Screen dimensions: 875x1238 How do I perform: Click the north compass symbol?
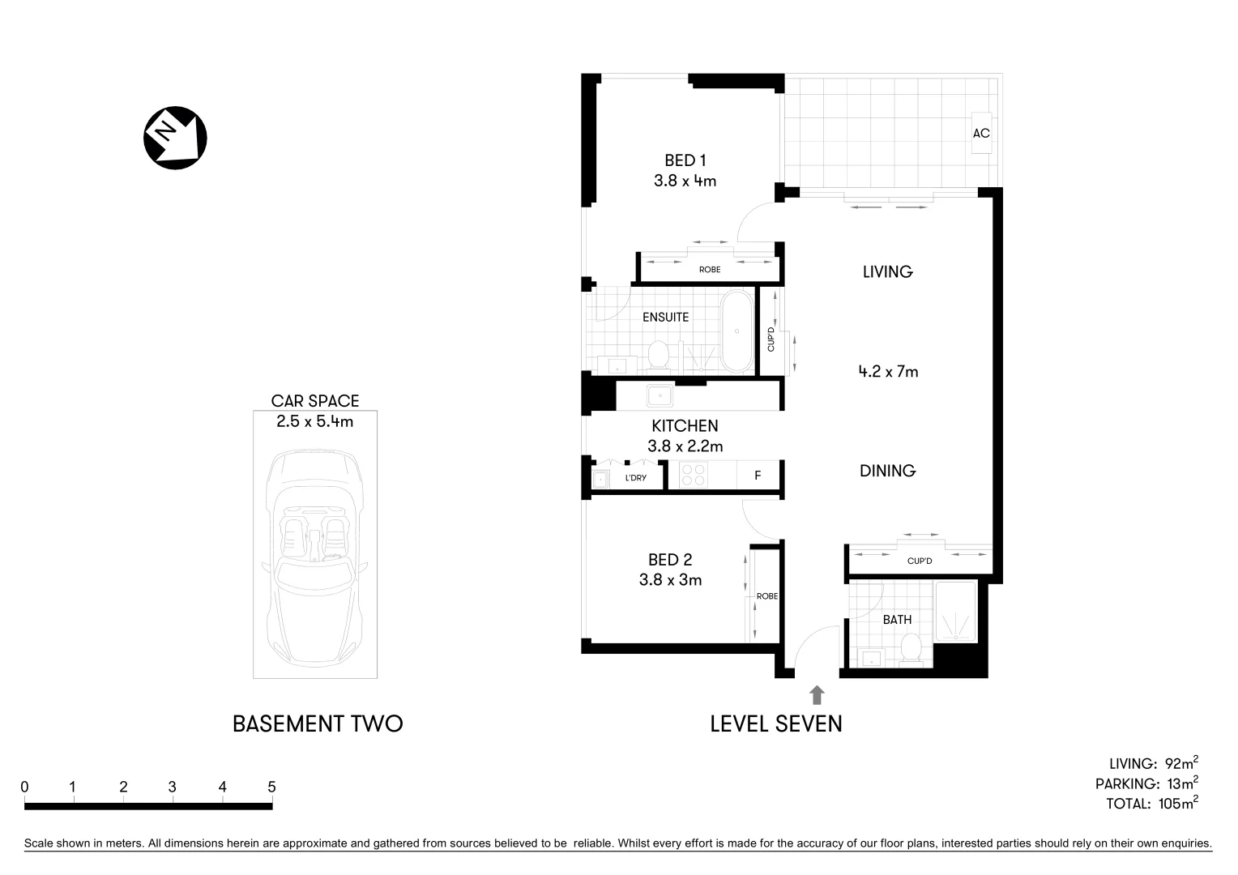(x=175, y=138)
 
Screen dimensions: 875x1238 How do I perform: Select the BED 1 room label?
(x=685, y=160)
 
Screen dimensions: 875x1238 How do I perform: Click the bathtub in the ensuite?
(x=736, y=331)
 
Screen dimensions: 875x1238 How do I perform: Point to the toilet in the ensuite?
(x=659, y=355)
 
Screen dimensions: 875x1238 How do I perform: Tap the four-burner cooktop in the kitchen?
(x=692, y=475)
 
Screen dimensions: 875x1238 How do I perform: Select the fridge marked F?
(x=758, y=476)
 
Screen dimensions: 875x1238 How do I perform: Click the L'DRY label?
(x=635, y=478)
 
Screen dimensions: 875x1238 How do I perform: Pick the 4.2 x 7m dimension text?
(x=888, y=372)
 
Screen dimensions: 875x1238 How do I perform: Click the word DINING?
(x=888, y=471)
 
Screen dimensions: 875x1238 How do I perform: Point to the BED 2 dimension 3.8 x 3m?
(x=670, y=580)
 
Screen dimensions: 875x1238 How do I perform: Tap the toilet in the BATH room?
(x=912, y=650)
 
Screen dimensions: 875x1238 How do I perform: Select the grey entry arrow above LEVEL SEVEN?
(x=817, y=694)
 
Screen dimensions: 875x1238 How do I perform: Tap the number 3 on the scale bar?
(x=173, y=787)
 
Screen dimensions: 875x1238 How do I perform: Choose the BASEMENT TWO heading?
(x=318, y=723)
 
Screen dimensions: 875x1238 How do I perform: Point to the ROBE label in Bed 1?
(x=709, y=269)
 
